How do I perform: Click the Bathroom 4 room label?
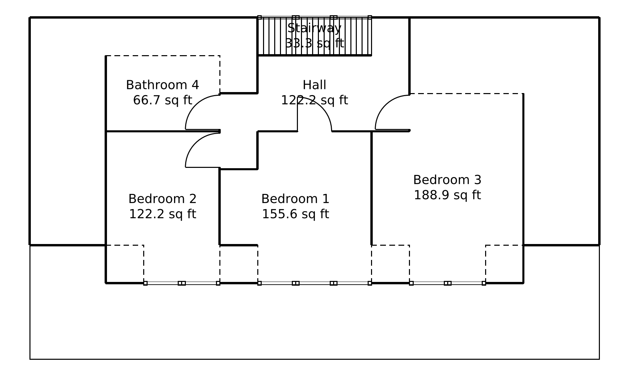click(162, 85)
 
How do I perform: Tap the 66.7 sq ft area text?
click(162, 100)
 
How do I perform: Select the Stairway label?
click(314, 28)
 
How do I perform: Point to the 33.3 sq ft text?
click(314, 43)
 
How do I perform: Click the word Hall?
click(314, 85)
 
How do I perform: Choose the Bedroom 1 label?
click(295, 199)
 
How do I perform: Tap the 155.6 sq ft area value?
click(295, 214)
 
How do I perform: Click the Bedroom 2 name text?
click(162, 199)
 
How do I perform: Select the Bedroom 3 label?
click(447, 180)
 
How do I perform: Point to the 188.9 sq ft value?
click(447, 195)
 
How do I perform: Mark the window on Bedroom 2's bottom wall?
click(182, 283)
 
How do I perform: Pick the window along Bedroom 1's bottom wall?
click(314, 283)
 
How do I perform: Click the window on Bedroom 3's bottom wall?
click(447, 283)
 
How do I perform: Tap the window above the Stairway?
click(314, 17)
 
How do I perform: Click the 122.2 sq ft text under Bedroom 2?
click(162, 214)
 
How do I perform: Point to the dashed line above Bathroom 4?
click(162, 56)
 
